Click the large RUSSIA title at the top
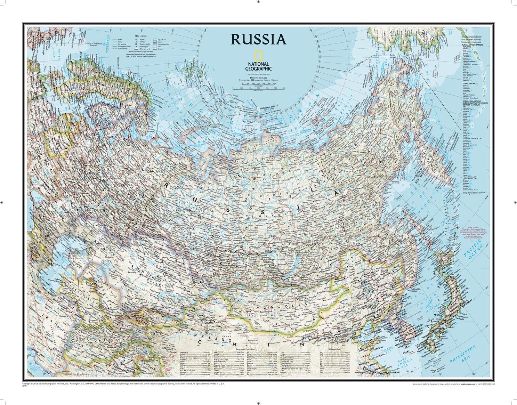[x=258, y=39]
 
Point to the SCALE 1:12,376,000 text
[x=258, y=78]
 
